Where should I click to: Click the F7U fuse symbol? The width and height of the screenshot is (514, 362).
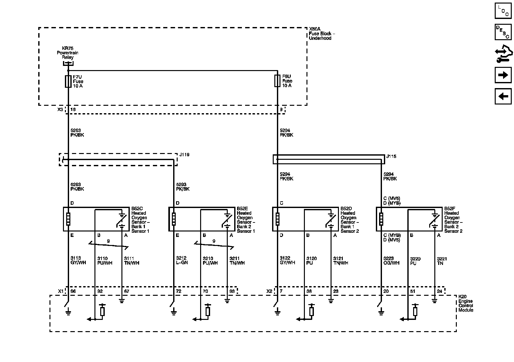tap(68, 82)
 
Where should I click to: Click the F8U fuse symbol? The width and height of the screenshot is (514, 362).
tap(277, 81)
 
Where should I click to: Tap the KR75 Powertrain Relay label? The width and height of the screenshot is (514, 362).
tap(67, 53)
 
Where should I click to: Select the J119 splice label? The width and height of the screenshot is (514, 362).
tap(184, 155)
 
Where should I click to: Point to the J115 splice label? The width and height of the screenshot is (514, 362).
tap(391, 156)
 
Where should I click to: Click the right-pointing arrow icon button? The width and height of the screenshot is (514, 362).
tap(503, 75)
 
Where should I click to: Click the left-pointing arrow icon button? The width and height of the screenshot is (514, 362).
tap(503, 96)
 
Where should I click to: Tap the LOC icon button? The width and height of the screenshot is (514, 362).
tap(503, 11)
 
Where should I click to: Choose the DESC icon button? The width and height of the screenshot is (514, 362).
tap(503, 32)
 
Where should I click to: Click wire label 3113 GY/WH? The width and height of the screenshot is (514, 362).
tap(78, 260)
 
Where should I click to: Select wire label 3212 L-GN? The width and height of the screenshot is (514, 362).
tap(182, 260)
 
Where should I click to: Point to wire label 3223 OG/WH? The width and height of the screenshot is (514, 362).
tap(391, 261)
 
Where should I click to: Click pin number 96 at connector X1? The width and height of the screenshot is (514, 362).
tap(73, 291)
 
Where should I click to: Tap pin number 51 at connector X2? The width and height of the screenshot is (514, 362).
tap(412, 291)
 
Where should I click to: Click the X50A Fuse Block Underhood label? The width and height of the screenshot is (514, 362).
tap(322, 33)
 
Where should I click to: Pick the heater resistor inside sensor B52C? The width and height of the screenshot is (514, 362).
tap(68, 219)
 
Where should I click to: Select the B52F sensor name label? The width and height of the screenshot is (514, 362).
tap(453, 220)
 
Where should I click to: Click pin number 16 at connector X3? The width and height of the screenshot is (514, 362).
tap(73, 110)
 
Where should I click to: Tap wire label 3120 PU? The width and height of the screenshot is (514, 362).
tap(312, 261)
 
